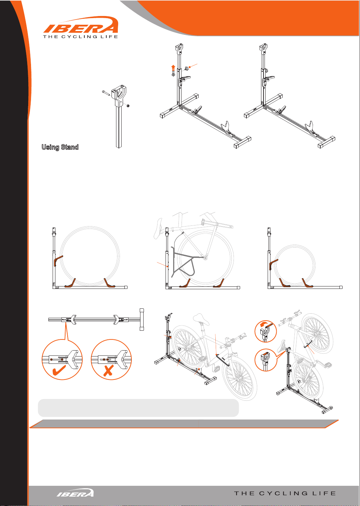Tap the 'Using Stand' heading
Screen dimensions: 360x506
click(60, 147)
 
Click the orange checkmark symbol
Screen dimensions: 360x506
click(59, 370)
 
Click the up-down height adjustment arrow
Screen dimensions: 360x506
click(173, 71)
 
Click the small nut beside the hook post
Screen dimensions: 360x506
click(128, 106)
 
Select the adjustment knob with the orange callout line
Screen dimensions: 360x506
click(186, 68)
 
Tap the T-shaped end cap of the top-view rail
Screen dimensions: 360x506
click(141, 320)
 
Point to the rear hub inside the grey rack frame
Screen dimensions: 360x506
click(205, 258)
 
